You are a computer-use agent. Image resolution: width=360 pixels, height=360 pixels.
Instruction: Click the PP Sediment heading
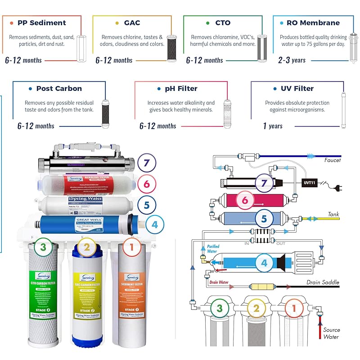[x=41, y=23]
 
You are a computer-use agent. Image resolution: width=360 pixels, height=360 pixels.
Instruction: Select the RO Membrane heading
[x=313, y=23]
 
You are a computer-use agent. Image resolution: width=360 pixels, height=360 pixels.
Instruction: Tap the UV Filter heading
[x=297, y=89]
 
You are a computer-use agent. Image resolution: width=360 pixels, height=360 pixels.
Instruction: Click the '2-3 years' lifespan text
[x=292, y=60]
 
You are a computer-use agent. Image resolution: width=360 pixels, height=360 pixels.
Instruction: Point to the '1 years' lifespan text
[x=273, y=126]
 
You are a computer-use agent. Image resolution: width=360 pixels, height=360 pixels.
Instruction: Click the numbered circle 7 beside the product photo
[x=146, y=162]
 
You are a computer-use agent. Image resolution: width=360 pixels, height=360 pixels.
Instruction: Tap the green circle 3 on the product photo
[x=43, y=247]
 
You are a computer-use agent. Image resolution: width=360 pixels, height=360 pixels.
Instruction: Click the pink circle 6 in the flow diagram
[x=245, y=200]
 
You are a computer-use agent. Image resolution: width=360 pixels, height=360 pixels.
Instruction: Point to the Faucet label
[x=333, y=160]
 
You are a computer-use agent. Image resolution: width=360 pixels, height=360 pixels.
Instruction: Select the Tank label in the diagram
[x=333, y=215]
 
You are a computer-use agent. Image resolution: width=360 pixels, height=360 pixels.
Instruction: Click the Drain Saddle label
[x=323, y=283]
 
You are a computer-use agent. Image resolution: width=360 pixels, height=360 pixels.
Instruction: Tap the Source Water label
[x=331, y=333]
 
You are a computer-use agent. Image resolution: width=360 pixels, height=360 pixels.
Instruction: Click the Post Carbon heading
[x=59, y=89]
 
